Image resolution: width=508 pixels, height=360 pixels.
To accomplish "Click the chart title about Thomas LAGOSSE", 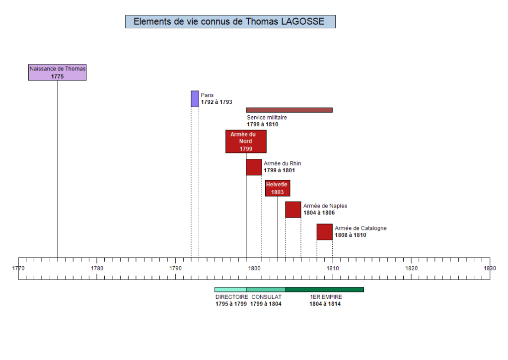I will [x=230, y=21].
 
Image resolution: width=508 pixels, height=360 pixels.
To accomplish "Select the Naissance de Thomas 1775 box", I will [x=57, y=72].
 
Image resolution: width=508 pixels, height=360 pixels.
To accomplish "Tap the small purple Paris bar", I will [x=195, y=99].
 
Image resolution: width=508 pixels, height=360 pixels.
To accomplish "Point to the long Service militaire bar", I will [x=289, y=110].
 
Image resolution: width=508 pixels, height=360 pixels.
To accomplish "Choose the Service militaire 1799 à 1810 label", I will [x=267, y=121].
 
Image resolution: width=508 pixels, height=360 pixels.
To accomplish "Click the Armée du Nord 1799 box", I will [x=246, y=142].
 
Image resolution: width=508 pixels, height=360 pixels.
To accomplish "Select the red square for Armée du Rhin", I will [x=254, y=167].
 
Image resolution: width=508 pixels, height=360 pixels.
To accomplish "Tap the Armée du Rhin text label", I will [x=282, y=167].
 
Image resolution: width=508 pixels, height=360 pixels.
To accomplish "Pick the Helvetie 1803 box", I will [x=277, y=188].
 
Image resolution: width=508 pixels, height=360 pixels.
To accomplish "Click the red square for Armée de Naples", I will [x=293, y=210].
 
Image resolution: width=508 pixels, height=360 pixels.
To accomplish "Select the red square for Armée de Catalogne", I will [x=324, y=232].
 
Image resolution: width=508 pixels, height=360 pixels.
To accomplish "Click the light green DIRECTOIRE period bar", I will [x=230, y=289].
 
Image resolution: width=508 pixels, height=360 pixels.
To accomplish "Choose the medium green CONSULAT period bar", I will [x=266, y=289].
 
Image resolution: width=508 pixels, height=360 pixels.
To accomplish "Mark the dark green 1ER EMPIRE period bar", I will [x=324, y=289].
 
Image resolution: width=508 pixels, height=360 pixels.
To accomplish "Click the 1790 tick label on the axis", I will [x=175, y=269].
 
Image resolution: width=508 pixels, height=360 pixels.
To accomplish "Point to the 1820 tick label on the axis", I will [x=411, y=269].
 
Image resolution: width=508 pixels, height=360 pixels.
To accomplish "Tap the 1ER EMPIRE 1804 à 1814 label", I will [x=325, y=300].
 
